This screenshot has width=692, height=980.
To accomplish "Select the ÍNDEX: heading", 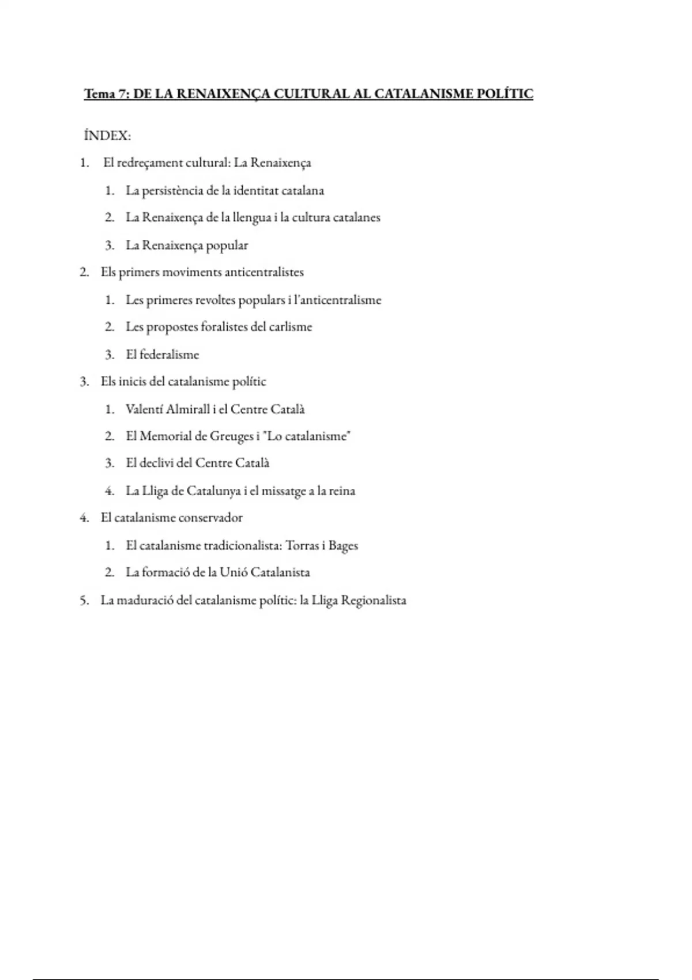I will coord(107,136).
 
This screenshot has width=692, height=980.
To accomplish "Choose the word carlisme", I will coord(290,327).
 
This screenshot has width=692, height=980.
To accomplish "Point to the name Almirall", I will coord(187,409).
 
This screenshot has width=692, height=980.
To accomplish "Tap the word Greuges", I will coord(231,436).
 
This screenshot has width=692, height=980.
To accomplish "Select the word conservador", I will coord(210,518).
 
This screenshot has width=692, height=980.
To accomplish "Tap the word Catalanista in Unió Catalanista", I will coord(280,572).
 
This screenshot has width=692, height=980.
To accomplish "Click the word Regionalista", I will coord(374,601).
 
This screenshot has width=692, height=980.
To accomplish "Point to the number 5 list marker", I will coord(84,601).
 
